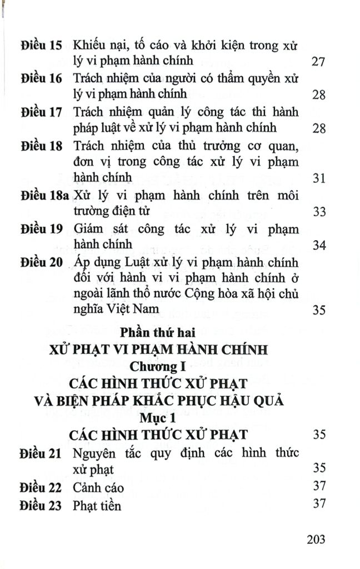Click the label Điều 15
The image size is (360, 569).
click(x=40, y=44)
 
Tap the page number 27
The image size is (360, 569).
click(x=318, y=61)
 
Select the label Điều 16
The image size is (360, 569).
click(x=40, y=78)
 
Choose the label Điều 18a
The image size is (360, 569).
click(x=43, y=196)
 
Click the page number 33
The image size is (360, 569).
click(x=318, y=212)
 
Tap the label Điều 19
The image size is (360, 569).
click(x=40, y=229)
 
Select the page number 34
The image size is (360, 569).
click(x=318, y=245)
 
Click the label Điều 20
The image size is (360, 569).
click(x=40, y=262)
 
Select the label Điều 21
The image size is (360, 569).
click(x=40, y=453)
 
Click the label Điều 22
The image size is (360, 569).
click(x=40, y=487)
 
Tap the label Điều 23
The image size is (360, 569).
click(x=40, y=505)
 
